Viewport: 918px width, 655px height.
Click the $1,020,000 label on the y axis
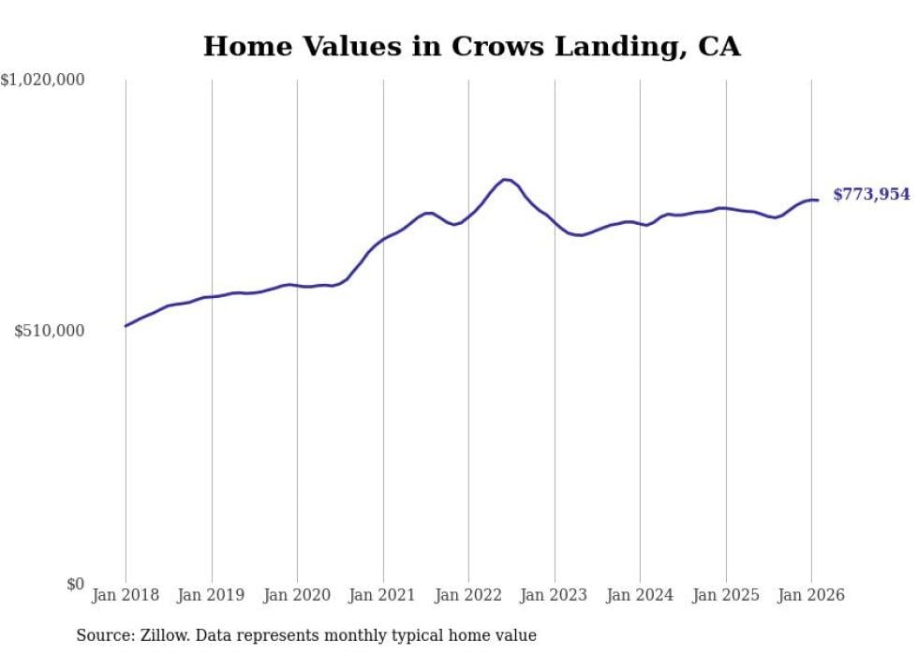tap(42, 81)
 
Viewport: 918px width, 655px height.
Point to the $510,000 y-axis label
tap(50, 331)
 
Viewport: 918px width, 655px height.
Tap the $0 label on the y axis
tap(75, 584)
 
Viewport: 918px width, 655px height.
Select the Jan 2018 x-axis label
tap(126, 595)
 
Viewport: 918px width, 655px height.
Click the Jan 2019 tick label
tap(211, 595)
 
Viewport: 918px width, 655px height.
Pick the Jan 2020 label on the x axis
tap(297, 595)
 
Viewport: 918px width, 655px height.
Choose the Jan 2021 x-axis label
tap(383, 595)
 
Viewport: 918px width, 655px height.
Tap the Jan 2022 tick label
tap(468, 595)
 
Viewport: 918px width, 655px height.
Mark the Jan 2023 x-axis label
tap(555, 595)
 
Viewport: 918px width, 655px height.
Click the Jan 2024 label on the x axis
tap(640, 595)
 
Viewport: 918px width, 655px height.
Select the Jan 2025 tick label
tap(726, 595)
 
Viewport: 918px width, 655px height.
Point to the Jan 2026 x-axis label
tap(811, 595)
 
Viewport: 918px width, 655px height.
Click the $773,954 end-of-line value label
tap(871, 195)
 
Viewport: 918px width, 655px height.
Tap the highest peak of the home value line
tap(506, 179)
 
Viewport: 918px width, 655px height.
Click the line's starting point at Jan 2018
tap(126, 326)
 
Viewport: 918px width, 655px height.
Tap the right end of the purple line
tap(818, 200)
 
